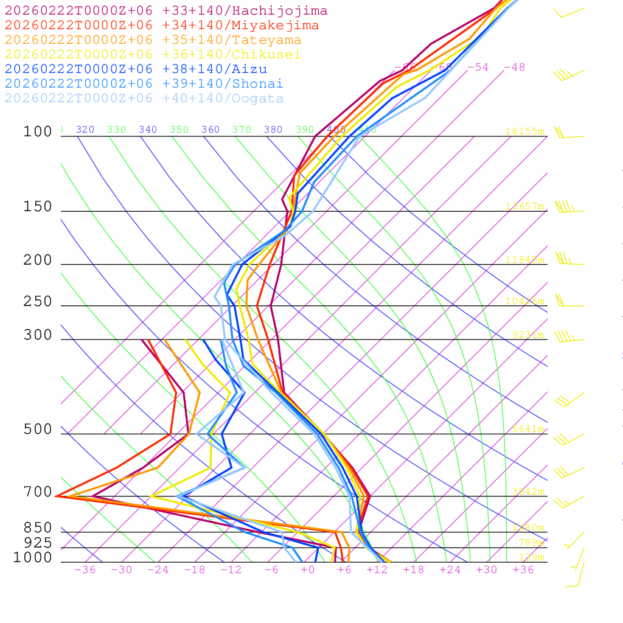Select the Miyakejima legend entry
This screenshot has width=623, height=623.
click(162, 26)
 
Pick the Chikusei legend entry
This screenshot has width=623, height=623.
click(153, 55)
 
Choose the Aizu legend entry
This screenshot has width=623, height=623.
click(136, 69)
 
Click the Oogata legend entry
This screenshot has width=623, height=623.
click(144, 99)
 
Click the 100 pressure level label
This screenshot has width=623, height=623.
click(38, 131)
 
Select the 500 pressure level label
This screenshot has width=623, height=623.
click(38, 430)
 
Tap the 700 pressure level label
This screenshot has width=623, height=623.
click(38, 492)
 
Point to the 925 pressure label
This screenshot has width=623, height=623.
click(38, 543)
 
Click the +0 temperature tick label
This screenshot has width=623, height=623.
click(308, 570)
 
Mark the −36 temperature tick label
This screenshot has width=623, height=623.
click(85, 570)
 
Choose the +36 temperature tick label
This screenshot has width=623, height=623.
click(523, 570)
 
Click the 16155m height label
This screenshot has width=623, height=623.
click(524, 131)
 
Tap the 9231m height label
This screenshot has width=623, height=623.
click(528, 335)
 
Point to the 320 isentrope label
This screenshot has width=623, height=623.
click(85, 130)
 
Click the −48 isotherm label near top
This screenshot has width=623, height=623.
click(514, 68)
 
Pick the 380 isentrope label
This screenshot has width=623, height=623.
click(273, 130)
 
